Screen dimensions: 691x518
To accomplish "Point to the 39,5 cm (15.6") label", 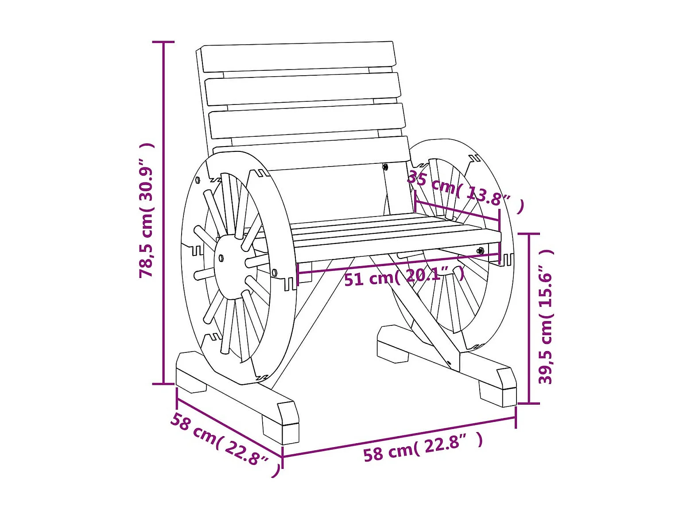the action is (546, 317).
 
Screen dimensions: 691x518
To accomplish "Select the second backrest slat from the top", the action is (303, 89).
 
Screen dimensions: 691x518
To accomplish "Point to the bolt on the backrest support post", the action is (385, 167).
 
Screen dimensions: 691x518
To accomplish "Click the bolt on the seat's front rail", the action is (480, 251).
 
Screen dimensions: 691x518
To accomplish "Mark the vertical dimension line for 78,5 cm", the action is (163, 213).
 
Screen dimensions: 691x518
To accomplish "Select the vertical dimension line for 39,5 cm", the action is (529, 318).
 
